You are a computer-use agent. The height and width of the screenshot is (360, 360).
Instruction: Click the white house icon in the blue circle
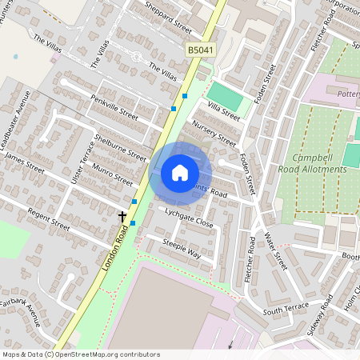tap(180, 172)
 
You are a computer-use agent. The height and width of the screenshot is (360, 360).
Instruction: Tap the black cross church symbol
tap(123, 217)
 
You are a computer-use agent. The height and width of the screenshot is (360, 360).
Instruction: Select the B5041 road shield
tap(202, 50)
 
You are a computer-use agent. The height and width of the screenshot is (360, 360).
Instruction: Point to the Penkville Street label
tap(114, 105)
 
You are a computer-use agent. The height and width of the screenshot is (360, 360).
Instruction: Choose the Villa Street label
tap(224, 112)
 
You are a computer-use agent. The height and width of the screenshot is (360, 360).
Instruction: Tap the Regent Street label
tap(50, 219)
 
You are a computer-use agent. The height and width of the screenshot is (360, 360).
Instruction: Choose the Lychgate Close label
tap(189, 218)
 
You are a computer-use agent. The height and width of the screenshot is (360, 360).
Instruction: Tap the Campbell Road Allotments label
tap(319, 163)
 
